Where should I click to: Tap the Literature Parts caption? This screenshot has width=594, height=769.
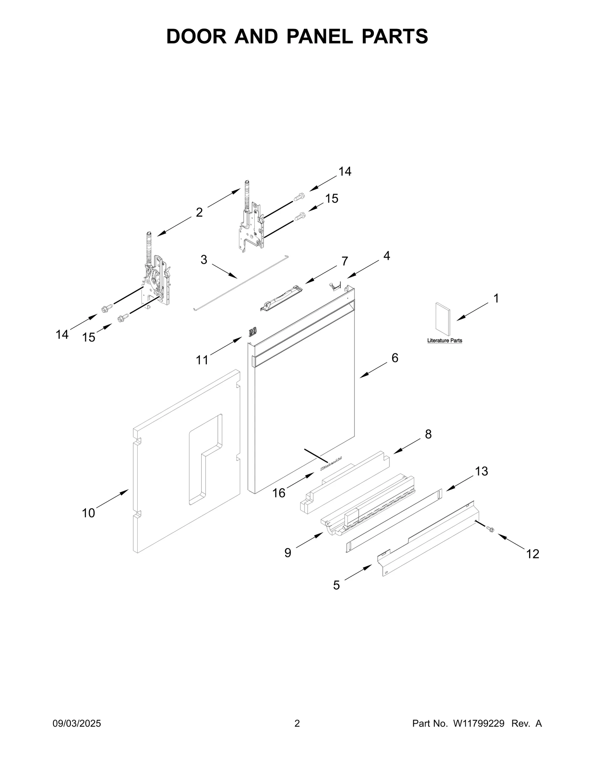pyautogui.click(x=444, y=340)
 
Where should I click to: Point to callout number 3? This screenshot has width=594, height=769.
pyautogui.click(x=203, y=260)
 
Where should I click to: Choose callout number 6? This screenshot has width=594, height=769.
pyautogui.click(x=395, y=358)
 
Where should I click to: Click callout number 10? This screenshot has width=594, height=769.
pyautogui.click(x=88, y=513)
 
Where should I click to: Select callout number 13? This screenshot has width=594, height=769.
pyautogui.click(x=482, y=472)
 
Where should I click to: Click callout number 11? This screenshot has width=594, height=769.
pyautogui.click(x=202, y=360)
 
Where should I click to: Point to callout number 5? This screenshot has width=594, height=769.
pyautogui.click(x=336, y=585)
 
